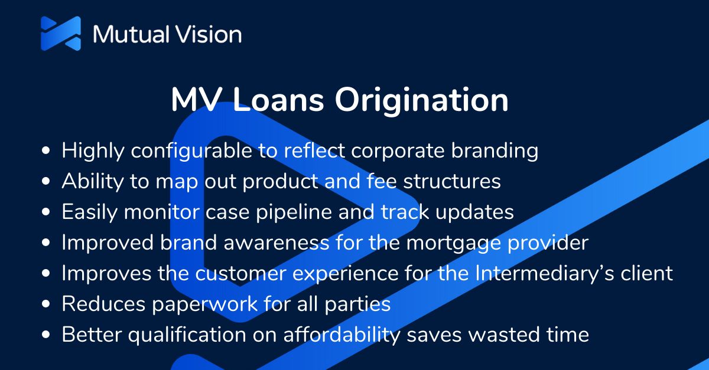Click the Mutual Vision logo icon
60,33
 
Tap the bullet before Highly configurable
47,152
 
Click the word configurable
191,152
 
